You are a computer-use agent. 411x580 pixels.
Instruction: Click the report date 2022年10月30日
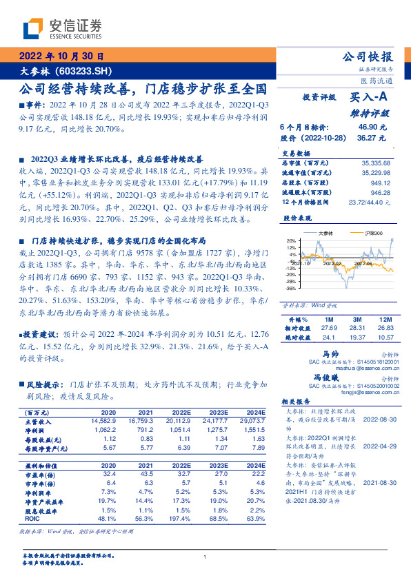(60, 56)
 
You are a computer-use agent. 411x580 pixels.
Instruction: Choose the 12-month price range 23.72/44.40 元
(371, 203)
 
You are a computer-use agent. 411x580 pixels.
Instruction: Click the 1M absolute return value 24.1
(329, 338)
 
